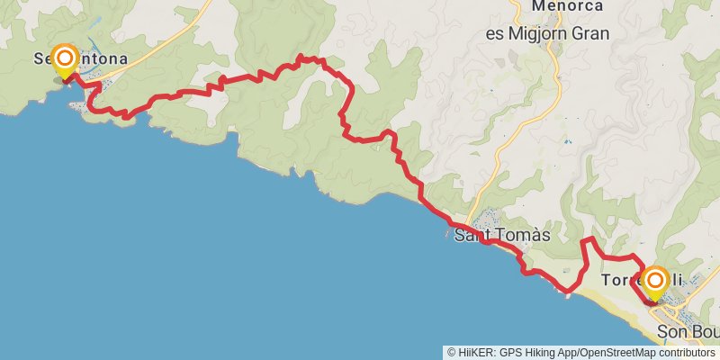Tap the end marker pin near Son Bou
(653, 283)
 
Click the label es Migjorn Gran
(547, 33)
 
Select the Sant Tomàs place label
(501, 236)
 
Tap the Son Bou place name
(688, 333)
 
